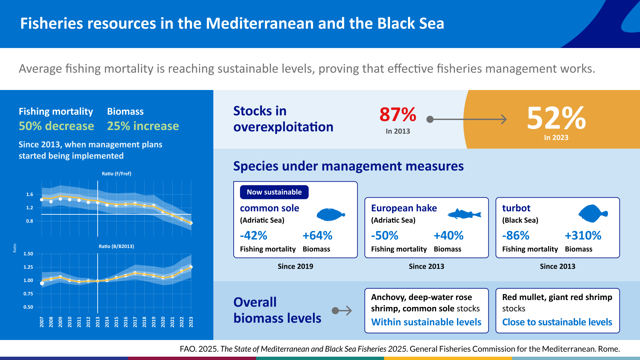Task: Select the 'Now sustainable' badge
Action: [x=274, y=192]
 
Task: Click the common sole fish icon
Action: [x=330, y=214]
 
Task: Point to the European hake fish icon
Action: [x=464, y=214]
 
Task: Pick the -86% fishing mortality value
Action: [x=516, y=236]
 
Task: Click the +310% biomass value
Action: [x=583, y=236]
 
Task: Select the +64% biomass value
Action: [x=317, y=236]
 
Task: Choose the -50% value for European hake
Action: [x=385, y=236]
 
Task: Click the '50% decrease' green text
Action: [x=56, y=126]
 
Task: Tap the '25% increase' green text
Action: [x=143, y=126]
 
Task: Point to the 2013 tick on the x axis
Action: [x=98, y=322]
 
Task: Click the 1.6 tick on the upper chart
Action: [x=30, y=194]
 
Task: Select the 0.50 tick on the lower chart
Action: [x=28, y=307]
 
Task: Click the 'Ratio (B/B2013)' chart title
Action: [x=116, y=246]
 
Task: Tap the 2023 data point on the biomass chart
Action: [x=191, y=267]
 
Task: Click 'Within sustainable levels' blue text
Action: [x=426, y=322]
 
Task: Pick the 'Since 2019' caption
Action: [x=295, y=266]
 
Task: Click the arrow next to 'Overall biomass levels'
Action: [x=342, y=311]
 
